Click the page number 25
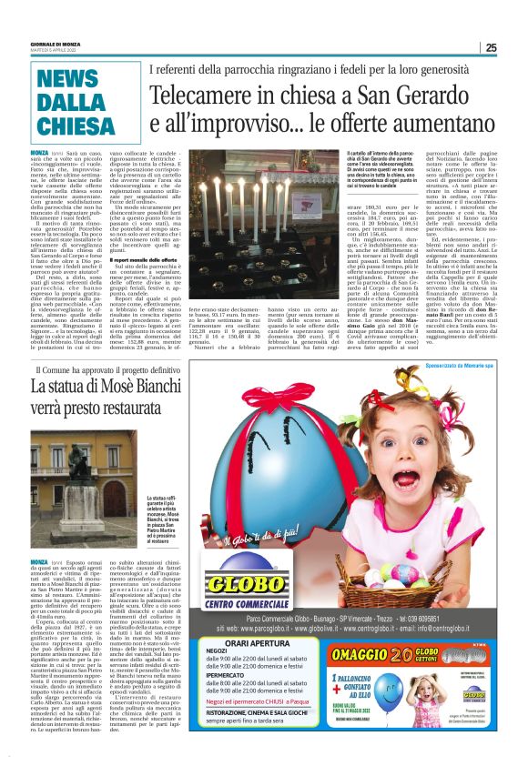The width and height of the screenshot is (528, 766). (x=491, y=48)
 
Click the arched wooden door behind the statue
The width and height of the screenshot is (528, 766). (x=65, y=509)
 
